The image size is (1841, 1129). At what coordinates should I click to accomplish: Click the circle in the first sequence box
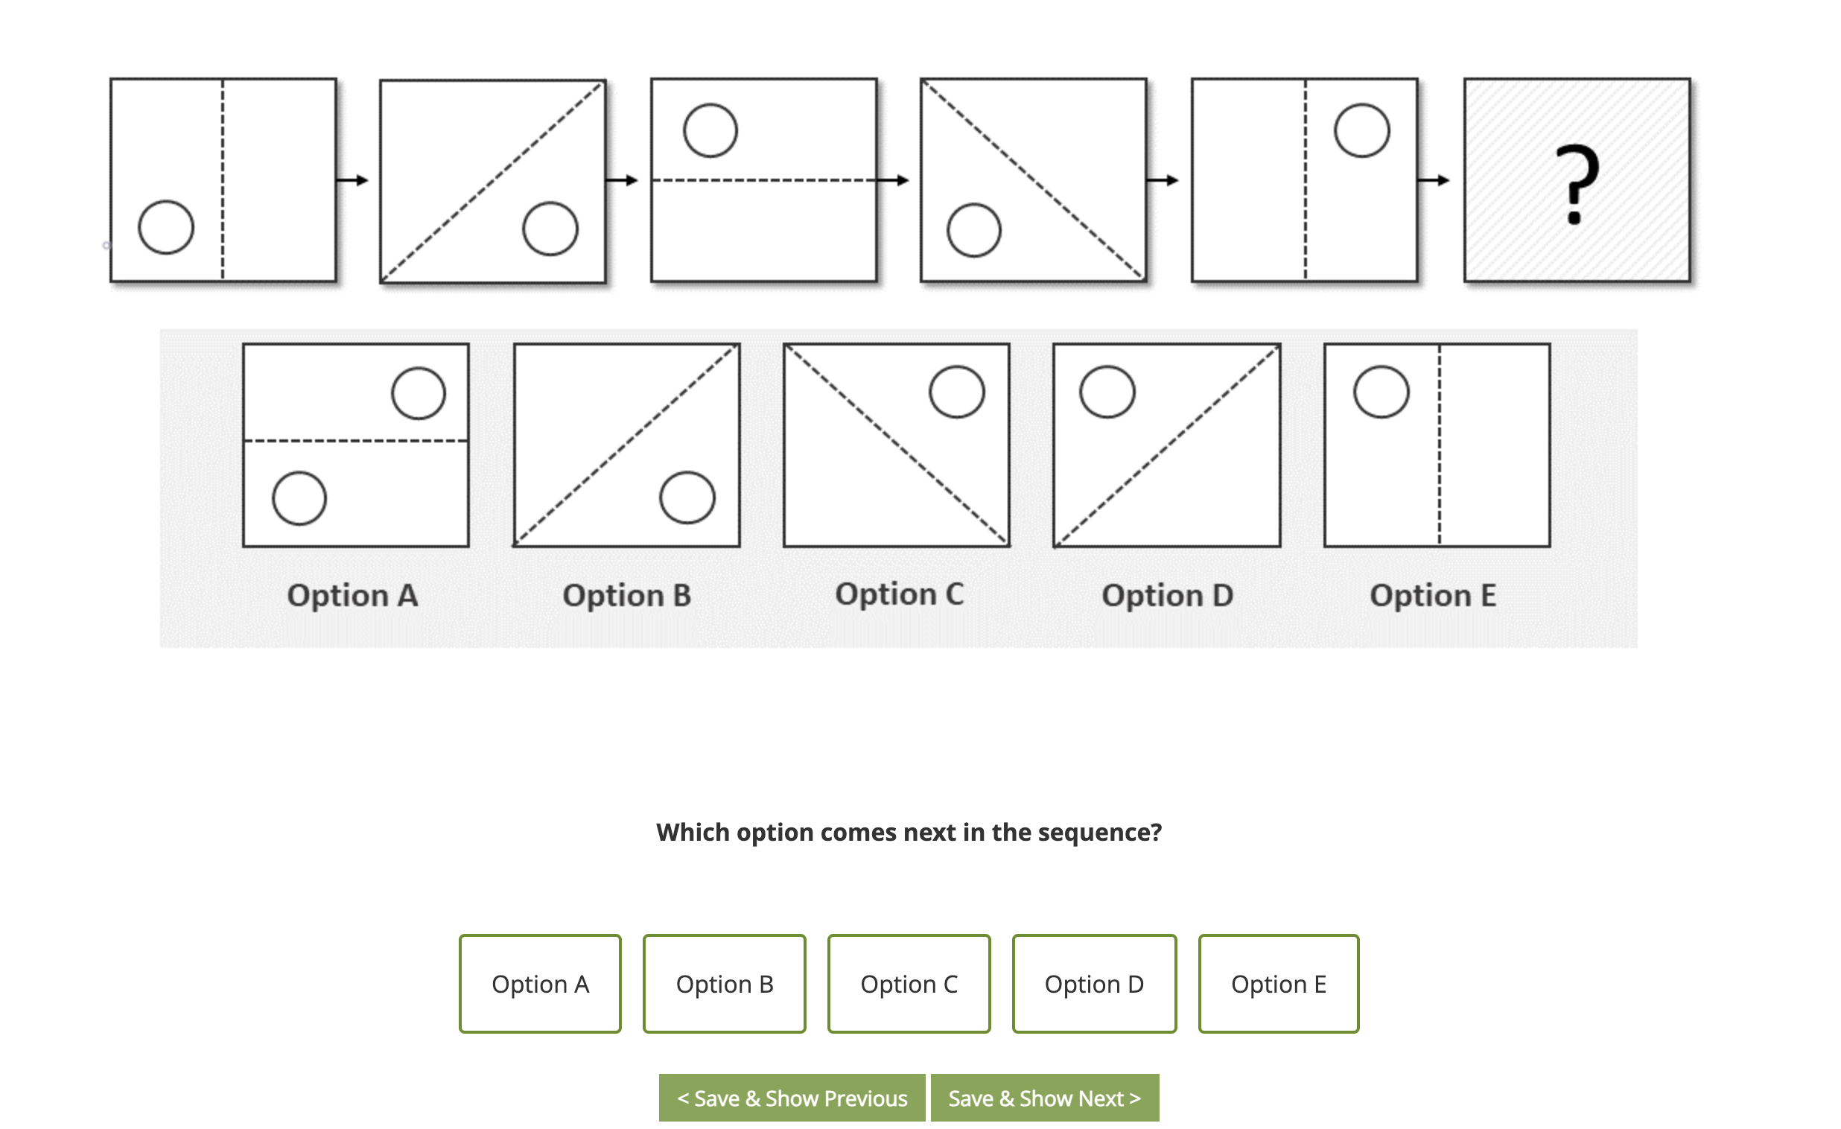(x=166, y=227)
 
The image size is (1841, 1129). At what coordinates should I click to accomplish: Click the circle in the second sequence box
(x=550, y=229)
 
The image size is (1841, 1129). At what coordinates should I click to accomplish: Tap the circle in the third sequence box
(x=710, y=130)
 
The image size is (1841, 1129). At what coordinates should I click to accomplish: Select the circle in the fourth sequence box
(x=973, y=230)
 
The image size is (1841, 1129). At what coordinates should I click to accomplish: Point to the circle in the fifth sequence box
(x=1362, y=130)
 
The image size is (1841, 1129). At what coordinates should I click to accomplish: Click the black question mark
(x=1577, y=184)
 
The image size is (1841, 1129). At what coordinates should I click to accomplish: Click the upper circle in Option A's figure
(x=419, y=393)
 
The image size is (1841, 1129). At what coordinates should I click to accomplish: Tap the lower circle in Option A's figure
(x=299, y=498)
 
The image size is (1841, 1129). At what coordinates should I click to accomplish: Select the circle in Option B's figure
(x=687, y=497)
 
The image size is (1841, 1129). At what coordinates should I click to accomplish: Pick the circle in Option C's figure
(x=957, y=392)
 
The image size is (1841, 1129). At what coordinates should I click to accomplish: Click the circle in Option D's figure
(x=1107, y=392)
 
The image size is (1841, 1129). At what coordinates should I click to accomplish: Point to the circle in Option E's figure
(x=1381, y=392)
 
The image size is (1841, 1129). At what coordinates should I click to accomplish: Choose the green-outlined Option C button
(x=909, y=984)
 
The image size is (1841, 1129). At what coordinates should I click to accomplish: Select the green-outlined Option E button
(x=1279, y=984)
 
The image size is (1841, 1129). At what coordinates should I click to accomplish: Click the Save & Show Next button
(x=1045, y=1098)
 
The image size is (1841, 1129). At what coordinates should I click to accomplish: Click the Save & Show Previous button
(x=792, y=1098)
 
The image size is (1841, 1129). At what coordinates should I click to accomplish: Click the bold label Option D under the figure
(x=1167, y=596)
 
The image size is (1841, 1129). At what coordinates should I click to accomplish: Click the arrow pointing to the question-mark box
(x=1434, y=180)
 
